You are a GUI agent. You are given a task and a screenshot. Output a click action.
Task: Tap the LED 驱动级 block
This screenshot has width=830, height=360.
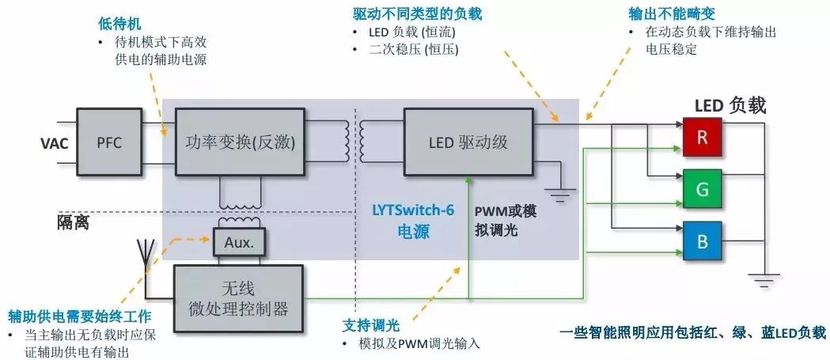[x=468, y=142]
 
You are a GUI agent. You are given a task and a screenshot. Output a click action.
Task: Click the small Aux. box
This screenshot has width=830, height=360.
[x=239, y=243]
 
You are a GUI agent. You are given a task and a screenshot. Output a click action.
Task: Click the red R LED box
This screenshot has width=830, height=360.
[x=702, y=136]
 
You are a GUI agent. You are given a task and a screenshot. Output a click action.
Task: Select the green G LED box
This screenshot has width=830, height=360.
[x=702, y=189]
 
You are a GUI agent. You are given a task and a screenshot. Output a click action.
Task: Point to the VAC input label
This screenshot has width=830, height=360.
[x=55, y=143]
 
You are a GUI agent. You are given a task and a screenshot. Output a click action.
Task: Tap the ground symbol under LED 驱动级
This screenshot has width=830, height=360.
[x=561, y=194]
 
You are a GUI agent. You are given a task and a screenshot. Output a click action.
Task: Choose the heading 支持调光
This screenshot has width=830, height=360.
[x=371, y=326]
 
